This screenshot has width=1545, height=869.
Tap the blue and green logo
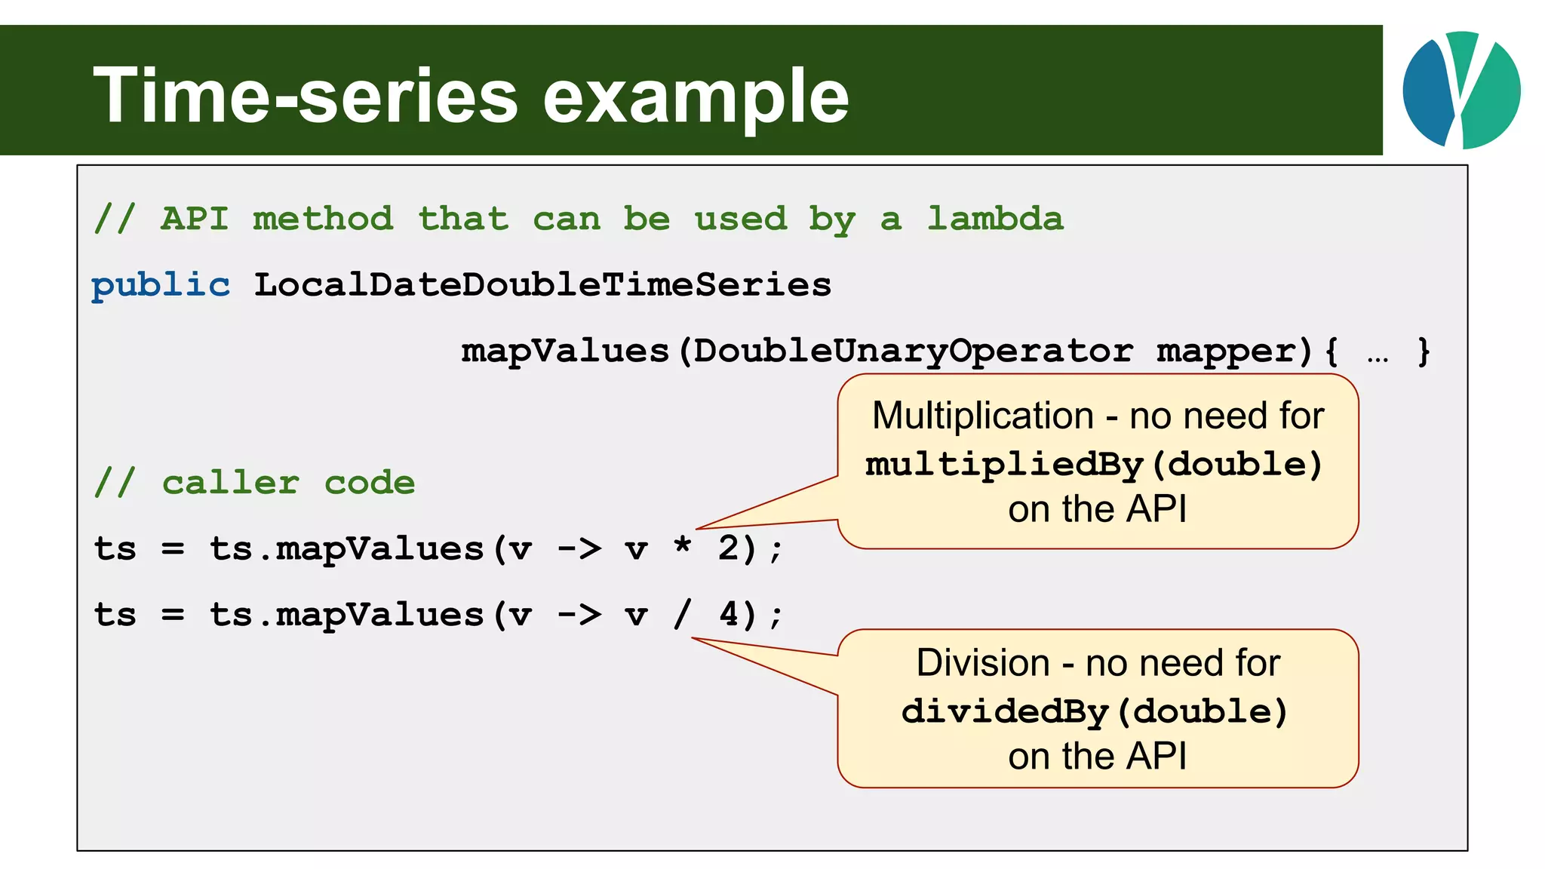tap(1461, 90)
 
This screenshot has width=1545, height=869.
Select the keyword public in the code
tap(161, 286)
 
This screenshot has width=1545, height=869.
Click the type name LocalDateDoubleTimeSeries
tap(542, 285)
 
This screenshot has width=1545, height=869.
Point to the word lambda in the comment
tap(995, 219)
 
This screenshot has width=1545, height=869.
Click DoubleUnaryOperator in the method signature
tap(913, 351)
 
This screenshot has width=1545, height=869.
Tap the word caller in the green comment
tap(231, 483)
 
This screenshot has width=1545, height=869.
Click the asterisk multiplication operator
tap(683, 545)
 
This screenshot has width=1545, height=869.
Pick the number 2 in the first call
tap(728, 548)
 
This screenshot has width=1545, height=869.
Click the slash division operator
tap(682, 614)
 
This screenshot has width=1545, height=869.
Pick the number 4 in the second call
tap(728, 614)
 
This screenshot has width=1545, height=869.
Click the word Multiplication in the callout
tap(982, 416)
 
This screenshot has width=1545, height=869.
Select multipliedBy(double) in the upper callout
tap(1094, 465)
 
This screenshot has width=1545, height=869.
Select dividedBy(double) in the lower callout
tap(1094, 712)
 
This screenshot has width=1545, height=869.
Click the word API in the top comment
tap(195, 219)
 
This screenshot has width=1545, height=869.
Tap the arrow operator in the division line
tap(579, 614)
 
